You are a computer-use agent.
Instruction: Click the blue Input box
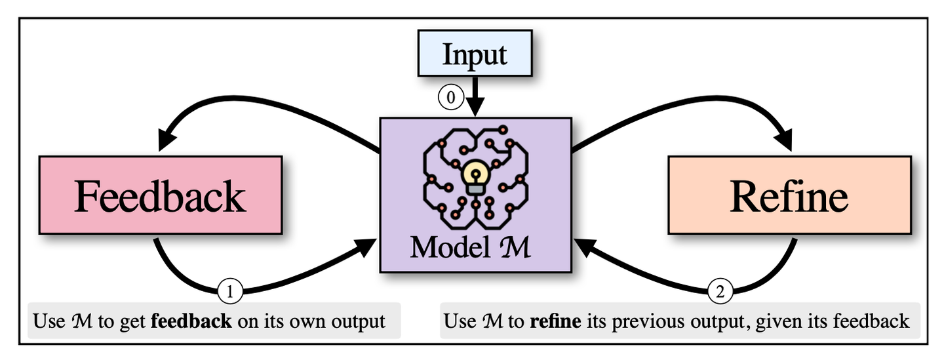click(475, 53)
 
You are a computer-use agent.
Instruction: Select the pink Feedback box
click(161, 195)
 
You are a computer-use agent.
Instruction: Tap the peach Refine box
click(790, 195)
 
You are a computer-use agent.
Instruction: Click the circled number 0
click(451, 97)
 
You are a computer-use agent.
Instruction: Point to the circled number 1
click(230, 291)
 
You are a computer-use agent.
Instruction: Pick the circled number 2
click(720, 291)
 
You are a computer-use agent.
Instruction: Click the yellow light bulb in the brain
click(475, 177)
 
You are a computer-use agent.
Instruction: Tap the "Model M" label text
click(470, 247)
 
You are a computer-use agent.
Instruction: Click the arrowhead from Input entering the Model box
click(475, 107)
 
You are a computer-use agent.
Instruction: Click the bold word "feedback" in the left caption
click(191, 321)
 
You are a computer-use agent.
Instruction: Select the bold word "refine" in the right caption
click(555, 321)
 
